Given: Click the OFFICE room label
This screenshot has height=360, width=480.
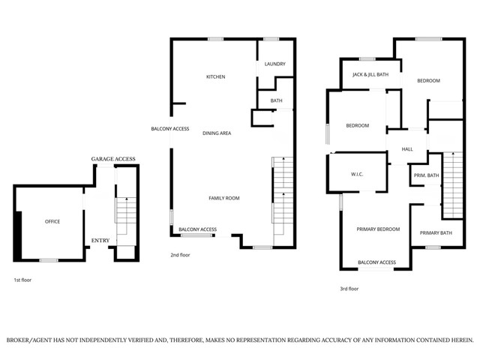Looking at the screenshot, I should pos(52,221).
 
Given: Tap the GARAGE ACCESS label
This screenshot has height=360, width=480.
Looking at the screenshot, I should pos(113,160).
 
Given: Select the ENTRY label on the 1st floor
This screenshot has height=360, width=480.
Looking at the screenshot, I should pos(100,240).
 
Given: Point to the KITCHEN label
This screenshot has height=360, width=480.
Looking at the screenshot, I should pos(216,76).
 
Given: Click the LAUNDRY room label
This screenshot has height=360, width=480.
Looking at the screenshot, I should pos(275,64).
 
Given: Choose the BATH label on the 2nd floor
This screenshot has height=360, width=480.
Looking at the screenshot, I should pos(276,100).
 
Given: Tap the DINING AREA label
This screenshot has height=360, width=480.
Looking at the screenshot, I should pos(216,133).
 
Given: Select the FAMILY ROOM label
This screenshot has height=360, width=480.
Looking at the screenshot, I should pos(223,198).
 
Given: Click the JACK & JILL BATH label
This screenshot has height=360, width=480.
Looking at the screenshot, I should pos(370,75).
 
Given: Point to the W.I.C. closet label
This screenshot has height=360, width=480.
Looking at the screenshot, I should pos(357,175).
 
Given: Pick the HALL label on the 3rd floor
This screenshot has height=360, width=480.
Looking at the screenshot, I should pos(407,149).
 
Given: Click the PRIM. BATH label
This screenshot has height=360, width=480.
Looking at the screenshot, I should pos(427,175).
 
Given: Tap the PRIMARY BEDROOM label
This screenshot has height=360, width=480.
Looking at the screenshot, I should pos(378,229).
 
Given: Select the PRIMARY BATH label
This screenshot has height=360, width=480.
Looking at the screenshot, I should pos(436,232).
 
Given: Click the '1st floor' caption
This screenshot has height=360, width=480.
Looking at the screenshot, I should pos(22,280).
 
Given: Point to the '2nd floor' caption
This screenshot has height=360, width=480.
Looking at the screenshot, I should pos(180,255).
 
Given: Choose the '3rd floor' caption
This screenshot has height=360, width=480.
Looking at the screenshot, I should pos(349,289).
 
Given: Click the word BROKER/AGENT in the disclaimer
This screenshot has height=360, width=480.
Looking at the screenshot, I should pos(31,340).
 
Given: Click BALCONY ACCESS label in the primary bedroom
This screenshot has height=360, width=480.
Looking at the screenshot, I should pos(376,262).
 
